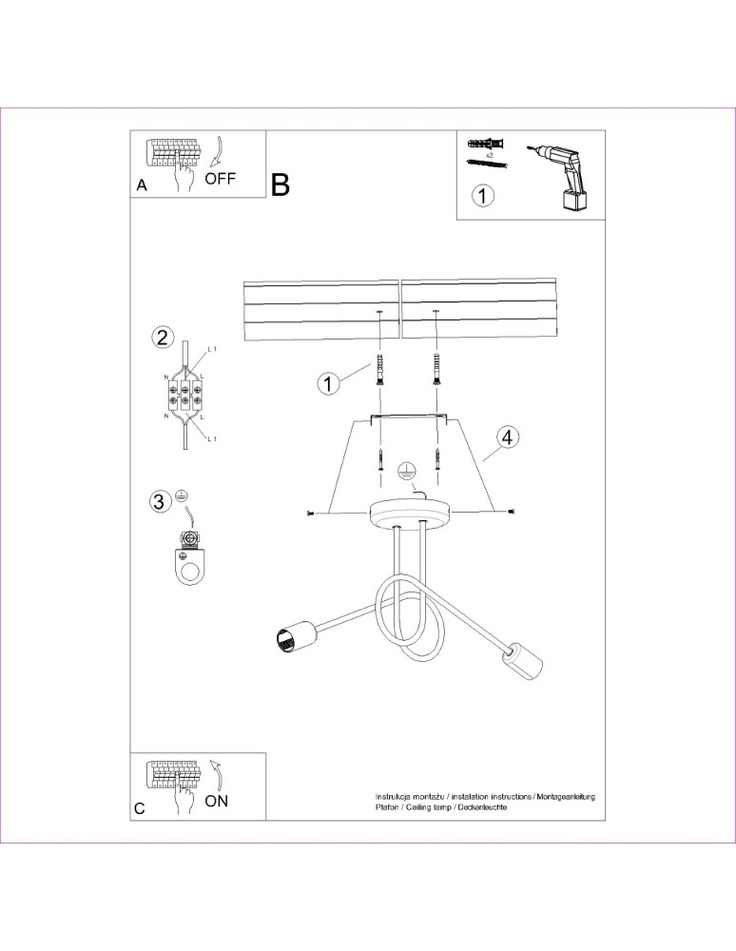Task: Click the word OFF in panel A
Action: point(220,178)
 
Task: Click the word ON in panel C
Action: point(217,800)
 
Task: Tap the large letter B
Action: point(280,184)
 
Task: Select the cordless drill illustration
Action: point(564,176)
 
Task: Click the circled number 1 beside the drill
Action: point(483,196)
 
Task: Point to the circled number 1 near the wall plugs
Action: point(328,383)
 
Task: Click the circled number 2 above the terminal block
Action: point(164,337)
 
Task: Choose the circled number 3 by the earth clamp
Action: point(159,502)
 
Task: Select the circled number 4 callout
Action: point(508,437)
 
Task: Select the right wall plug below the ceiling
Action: point(437,366)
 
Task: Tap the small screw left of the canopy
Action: point(311,514)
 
